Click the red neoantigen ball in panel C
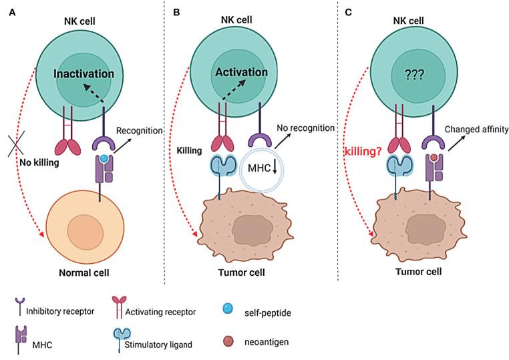(434, 158)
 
